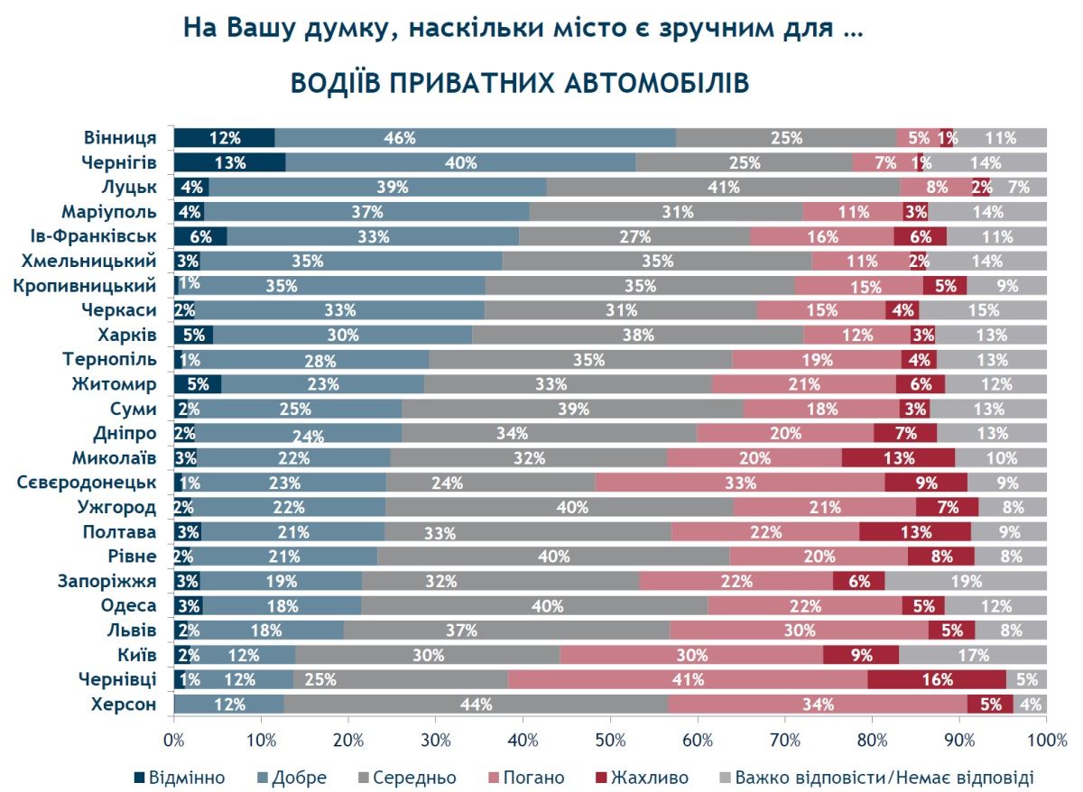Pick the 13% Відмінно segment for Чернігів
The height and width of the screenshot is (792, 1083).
tap(229, 163)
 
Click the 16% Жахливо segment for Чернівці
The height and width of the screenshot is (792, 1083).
tap(936, 679)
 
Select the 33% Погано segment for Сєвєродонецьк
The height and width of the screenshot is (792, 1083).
tap(740, 483)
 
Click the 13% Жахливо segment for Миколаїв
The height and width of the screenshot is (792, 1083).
tap(898, 457)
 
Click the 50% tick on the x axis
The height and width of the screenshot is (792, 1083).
tap(610, 740)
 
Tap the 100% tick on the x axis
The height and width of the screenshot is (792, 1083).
tap(1047, 740)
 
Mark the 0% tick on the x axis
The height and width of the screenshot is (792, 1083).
tap(174, 740)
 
